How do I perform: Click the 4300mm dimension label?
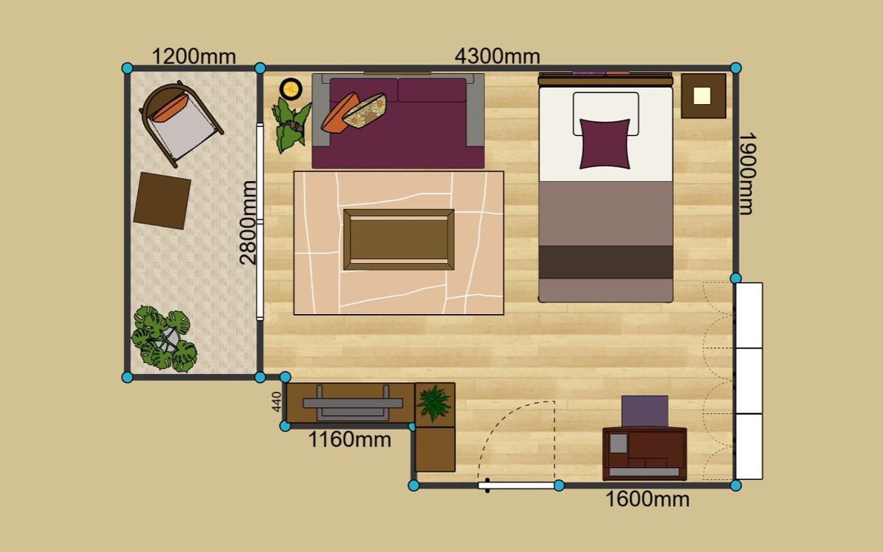(x=497, y=56)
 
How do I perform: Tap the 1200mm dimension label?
(x=194, y=56)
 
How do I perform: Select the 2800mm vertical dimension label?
(x=248, y=222)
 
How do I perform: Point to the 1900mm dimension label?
(x=747, y=173)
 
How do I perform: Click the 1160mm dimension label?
(x=349, y=439)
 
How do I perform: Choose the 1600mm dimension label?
(x=647, y=499)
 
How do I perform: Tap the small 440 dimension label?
(x=277, y=402)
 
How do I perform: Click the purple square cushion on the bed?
(x=605, y=144)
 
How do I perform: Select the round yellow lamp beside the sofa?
(x=291, y=89)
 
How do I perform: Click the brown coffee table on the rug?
(x=399, y=240)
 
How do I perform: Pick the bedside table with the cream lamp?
(x=703, y=96)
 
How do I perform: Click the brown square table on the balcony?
(x=162, y=201)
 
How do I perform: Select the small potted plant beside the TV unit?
(x=434, y=403)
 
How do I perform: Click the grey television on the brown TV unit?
(x=353, y=403)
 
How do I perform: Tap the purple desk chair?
(x=645, y=411)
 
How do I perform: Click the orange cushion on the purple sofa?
(x=340, y=112)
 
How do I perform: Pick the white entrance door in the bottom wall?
(x=517, y=485)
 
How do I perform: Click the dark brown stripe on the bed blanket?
(x=606, y=262)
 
